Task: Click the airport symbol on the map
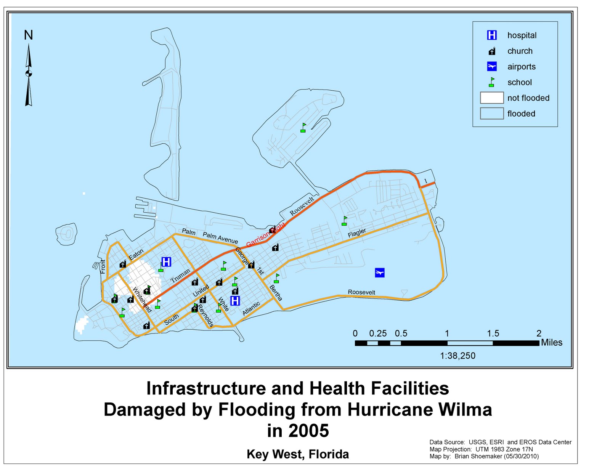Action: coord(379,272)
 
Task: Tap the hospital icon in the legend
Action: coord(492,35)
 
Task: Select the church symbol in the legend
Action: coord(492,51)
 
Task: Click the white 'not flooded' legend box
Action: coord(492,98)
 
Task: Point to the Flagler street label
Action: coord(357,233)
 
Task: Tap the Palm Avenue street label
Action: coord(220,238)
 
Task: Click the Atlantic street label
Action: coord(251,308)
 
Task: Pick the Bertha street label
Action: coord(276,293)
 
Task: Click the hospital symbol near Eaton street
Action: coord(166,262)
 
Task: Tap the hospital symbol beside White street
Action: coord(235,301)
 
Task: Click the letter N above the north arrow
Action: coord(28,35)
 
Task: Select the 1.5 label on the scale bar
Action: coord(493,333)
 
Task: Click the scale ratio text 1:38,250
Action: coord(457,356)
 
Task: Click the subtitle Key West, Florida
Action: coord(298,454)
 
